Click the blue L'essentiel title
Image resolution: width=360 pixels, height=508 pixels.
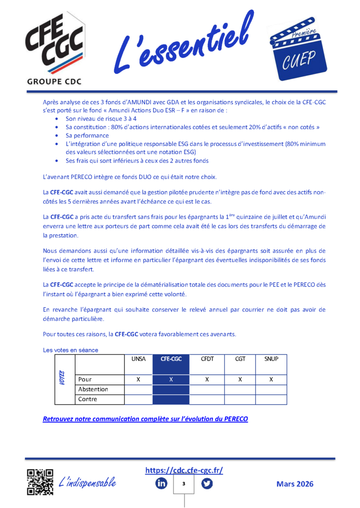184,45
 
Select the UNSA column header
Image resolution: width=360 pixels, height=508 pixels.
138,358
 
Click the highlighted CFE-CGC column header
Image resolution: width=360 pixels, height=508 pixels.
170,358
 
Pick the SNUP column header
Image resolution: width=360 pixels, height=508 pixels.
271,358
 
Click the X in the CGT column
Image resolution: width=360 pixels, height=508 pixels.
240,380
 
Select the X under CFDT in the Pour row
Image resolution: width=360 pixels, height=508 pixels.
207,380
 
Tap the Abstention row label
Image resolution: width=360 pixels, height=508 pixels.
93,389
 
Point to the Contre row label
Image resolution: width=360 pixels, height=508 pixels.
88,399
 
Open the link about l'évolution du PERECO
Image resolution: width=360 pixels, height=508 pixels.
145,419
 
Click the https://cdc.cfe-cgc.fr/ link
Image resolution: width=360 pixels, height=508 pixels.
184,470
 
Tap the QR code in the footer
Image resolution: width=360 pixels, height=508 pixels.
40,482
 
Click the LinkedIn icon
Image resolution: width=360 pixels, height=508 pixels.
161,483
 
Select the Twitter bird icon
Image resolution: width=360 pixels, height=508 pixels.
207,483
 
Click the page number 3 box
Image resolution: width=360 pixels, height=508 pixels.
184,484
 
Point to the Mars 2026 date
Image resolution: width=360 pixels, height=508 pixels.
295,484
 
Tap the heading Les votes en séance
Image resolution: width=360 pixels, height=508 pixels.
71,350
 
